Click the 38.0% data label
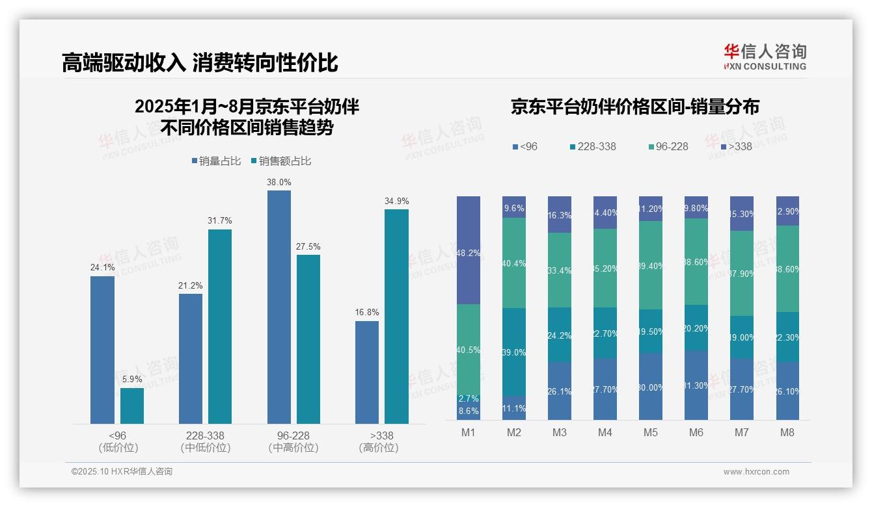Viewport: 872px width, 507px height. (279, 183)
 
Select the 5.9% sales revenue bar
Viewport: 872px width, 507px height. (132, 406)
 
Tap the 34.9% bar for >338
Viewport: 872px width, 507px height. (396, 316)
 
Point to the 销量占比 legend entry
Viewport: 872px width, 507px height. (217, 161)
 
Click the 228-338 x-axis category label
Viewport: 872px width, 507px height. (205, 435)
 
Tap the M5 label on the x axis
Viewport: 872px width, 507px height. (650, 433)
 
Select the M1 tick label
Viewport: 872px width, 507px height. (468, 433)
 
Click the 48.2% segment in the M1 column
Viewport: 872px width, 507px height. (469, 250)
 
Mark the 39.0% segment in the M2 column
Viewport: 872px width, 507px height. (514, 352)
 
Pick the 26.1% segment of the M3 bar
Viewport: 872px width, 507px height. (560, 391)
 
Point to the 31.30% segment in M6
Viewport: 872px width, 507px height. (696, 385)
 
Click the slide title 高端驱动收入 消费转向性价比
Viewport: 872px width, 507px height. (200, 63)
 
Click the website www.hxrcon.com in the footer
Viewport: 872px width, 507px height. (756, 472)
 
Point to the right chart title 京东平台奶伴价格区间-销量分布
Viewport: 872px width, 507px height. (634, 107)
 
